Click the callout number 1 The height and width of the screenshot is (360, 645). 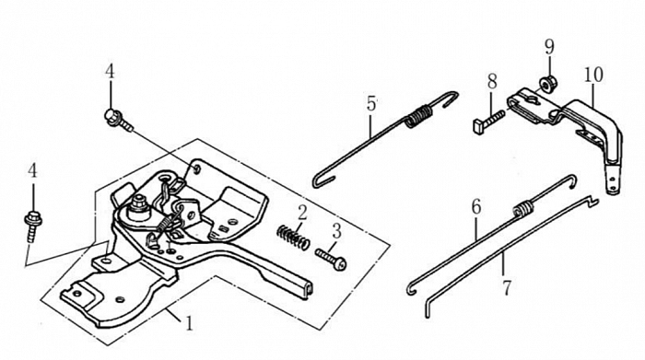click(189, 322)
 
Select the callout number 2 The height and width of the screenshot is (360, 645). click(302, 214)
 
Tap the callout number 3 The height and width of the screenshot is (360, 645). click(337, 231)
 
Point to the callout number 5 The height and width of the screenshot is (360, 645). click(371, 103)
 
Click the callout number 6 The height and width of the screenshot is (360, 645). click(476, 207)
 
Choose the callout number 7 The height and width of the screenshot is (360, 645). click(507, 287)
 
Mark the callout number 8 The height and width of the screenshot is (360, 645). click(492, 81)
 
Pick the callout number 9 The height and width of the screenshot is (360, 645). click(549, 47)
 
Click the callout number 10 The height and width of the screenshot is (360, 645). click(593, 75)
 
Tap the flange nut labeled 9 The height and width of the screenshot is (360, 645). click(545, 85)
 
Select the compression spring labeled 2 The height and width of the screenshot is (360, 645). click(293, 238)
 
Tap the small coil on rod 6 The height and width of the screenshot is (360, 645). click(522, 208)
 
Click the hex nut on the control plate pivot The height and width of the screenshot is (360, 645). click(138, 204)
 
